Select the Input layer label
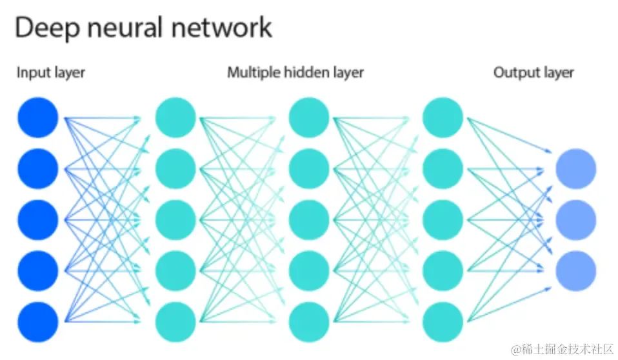[x=50, y=72]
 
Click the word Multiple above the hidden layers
[x=252, y=72]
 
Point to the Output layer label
[x=533, y=72]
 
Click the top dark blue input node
[x=38, y=117]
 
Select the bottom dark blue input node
[x=38, y=321]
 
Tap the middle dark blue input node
[x=38, y=219]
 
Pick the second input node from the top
[x=38, y=168]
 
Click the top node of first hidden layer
[x=175, y=117]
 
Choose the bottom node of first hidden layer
[x=175, y=321]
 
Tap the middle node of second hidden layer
[x=309, y=219]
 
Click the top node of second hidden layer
[x=309, y=117]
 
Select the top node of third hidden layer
[x=443, y=117]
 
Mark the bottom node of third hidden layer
[x=443, y=321]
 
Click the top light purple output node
[x=576, y=168]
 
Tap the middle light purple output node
[x=576, y=219]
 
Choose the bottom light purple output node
[x=576, y=270]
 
